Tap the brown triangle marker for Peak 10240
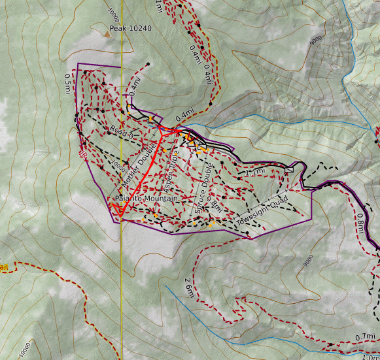(107, 29)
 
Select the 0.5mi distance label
(67, 83)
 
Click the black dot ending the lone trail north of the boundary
(148, 63)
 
